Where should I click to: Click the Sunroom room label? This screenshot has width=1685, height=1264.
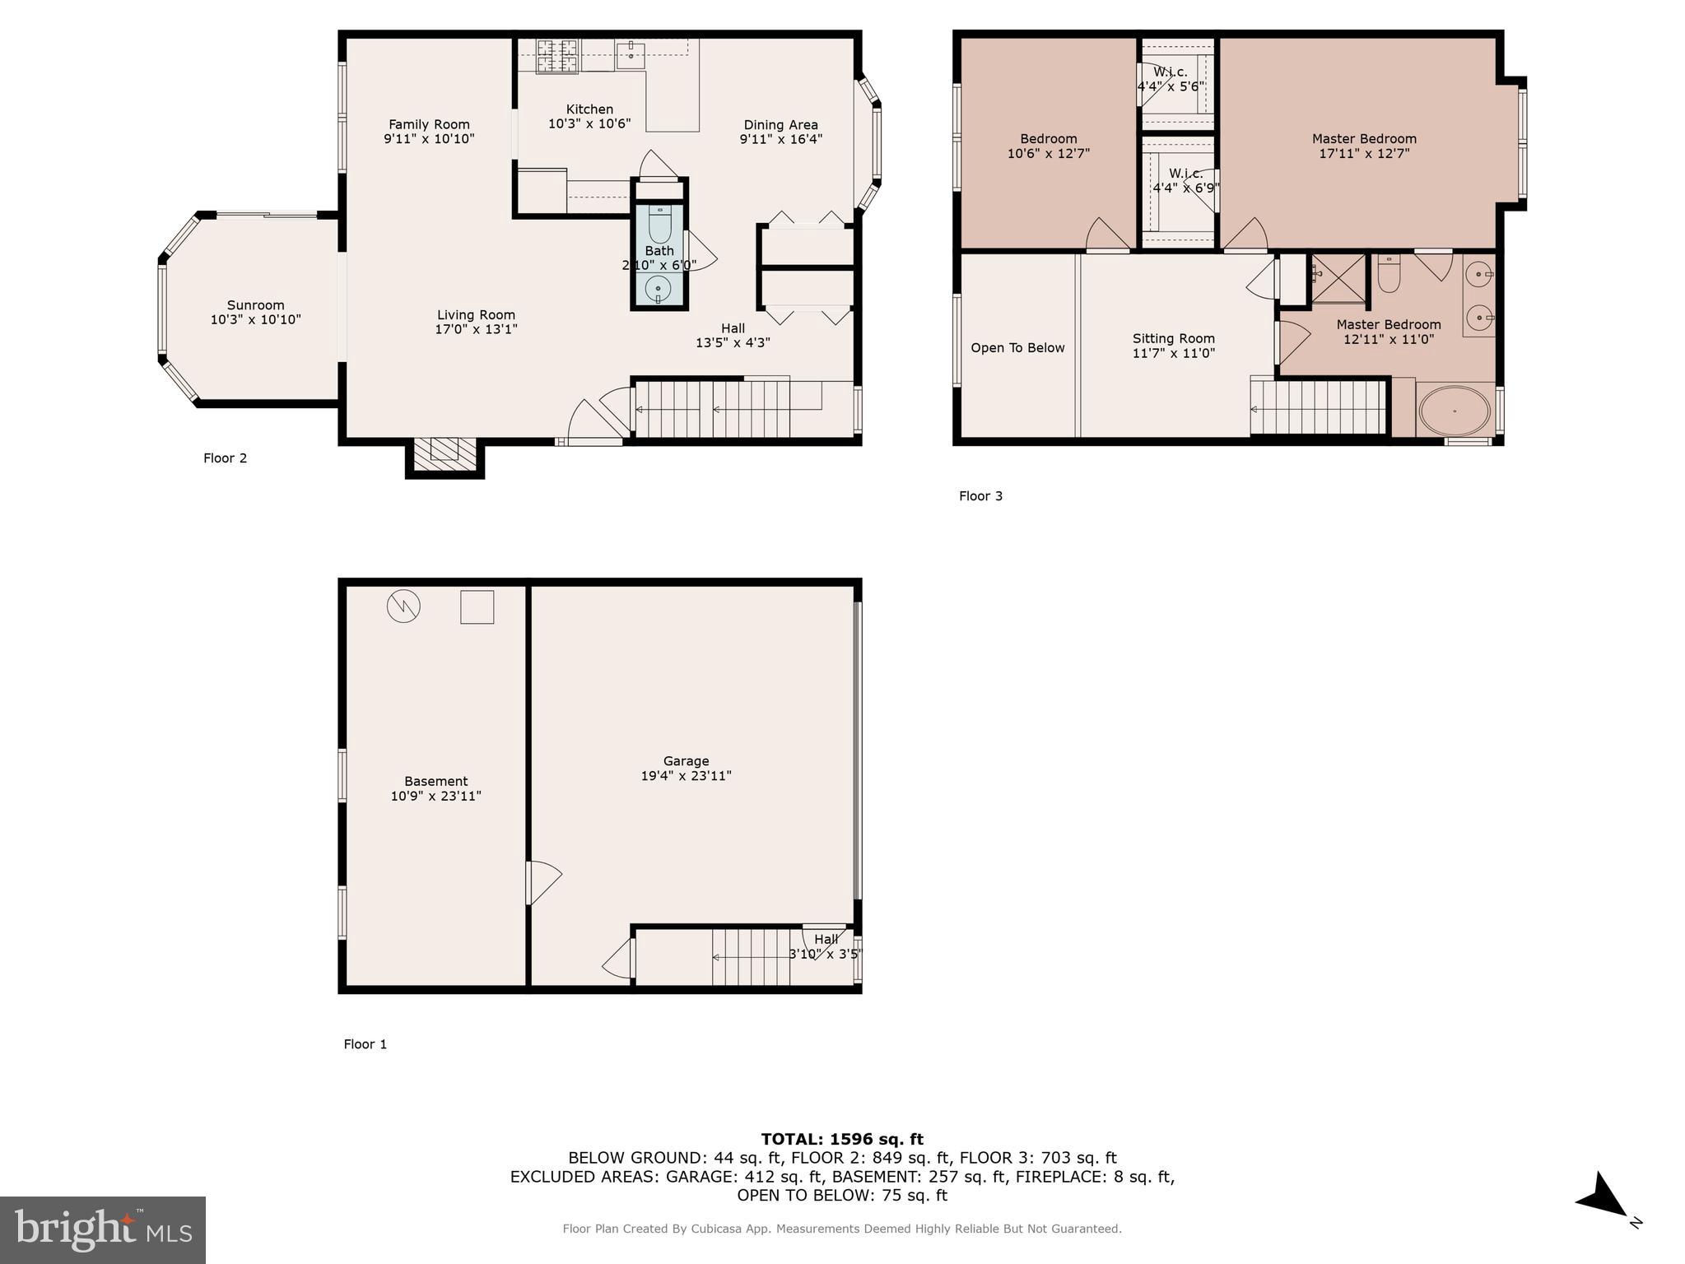point(255,312)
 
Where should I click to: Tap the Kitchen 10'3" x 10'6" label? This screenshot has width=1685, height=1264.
point(589,116)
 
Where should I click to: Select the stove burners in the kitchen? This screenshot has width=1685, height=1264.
point(557,57)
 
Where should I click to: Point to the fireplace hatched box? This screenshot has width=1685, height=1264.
point(445,454)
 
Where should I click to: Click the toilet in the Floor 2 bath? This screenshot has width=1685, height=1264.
point(659,224)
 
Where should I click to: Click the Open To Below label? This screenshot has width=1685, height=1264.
point(1017,348)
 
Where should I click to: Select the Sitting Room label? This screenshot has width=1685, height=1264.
point(1173,346)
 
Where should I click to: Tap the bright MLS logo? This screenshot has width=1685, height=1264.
point(103,1229)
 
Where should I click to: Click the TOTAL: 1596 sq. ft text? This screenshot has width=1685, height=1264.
point(842,1139)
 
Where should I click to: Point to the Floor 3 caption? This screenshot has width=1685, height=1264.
point(980,495)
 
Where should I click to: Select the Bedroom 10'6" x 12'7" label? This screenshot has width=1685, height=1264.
point(1048,146)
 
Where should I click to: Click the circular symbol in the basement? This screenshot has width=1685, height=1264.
point(403,606)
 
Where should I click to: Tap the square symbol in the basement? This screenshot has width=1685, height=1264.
point(477,606)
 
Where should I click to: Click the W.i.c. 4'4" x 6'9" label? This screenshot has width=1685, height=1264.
point(1185,180)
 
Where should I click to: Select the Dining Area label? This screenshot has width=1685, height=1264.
point(780,132)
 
